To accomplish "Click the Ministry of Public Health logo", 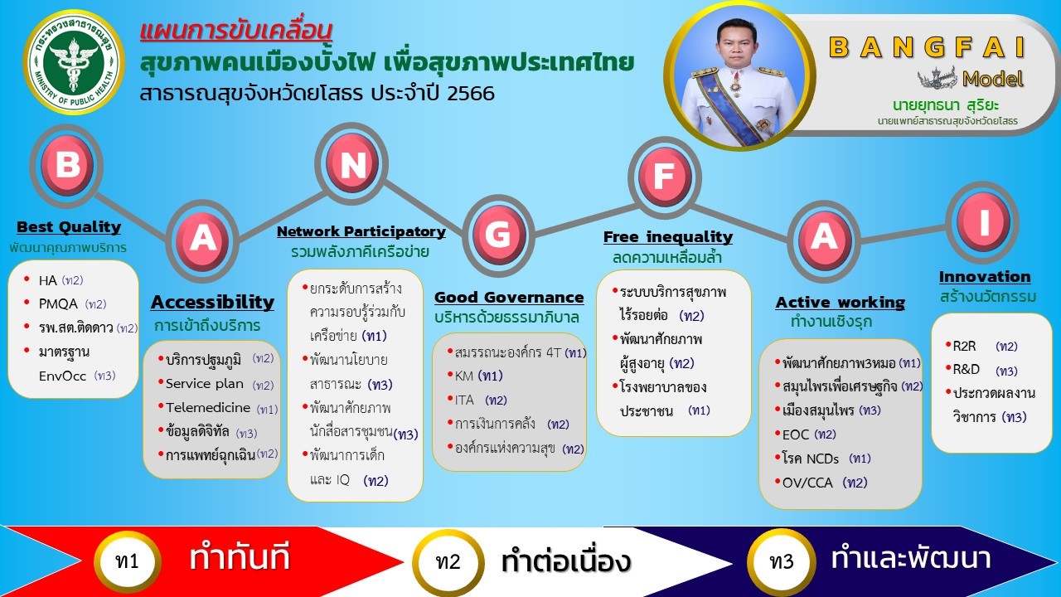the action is coord(74,62).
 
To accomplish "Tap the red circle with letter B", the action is coord(67,165).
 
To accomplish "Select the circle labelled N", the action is coord(351,163).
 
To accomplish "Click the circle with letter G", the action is coord(498,234).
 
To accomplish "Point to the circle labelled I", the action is coord(982,221).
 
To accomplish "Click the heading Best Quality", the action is coord(69,227).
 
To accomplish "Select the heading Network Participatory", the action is coord(361,231).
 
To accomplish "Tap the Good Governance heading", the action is coord(509,297).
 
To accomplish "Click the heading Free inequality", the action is coord(668,236).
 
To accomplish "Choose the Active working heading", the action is coord(841,303).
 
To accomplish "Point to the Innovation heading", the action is coord(985,276).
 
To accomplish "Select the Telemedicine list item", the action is coord(218,407).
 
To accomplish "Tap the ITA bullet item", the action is coord(477,400).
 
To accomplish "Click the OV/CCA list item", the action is coord(821,483).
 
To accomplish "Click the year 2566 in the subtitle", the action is coord(470,93).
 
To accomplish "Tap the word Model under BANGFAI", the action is coord(993,79).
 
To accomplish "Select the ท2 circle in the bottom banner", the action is coord(448,562).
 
